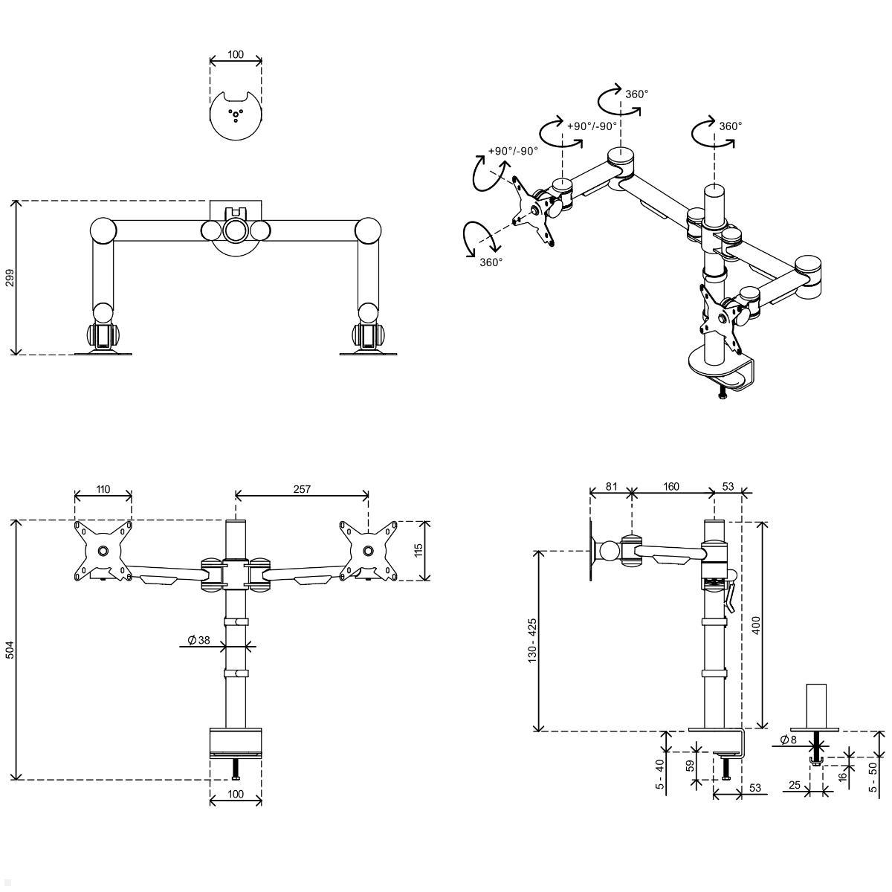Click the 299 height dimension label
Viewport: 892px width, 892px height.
(x=10, y=278)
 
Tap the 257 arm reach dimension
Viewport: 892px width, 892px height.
(x=302, y=489)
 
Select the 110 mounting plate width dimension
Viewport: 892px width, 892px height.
(x=103, y=489)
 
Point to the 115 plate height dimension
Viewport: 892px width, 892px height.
(x=418, y=550)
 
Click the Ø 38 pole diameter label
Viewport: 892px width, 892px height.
(x=199, y=640)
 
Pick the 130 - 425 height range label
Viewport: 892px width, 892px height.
(x=532, y=640)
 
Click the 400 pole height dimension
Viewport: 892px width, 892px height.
(x=756, y=625)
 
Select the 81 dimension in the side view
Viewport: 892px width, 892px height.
(x=612, y=486)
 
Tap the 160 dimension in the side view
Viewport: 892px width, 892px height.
(x=670, y=486)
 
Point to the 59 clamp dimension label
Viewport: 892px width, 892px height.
(x=690, y=766)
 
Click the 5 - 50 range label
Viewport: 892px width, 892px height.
(x=873, y=778)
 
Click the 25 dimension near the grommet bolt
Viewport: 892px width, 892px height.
(x=795, y=785)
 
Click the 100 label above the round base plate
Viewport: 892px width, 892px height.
(x=236, y=54)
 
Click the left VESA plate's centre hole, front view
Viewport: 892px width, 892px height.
(x=103, y=551)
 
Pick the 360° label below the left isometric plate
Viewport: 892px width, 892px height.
(x=491, y=262)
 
